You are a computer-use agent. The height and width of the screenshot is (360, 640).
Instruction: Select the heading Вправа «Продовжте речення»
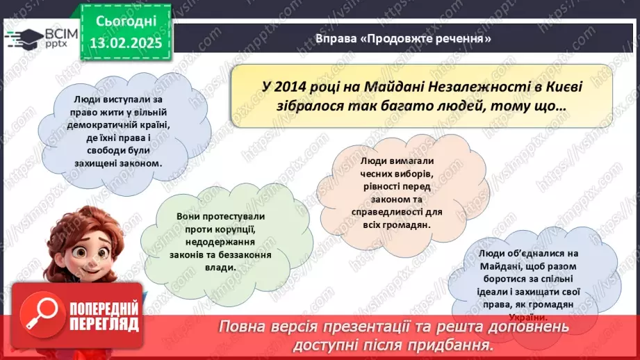click(x=403, y=39)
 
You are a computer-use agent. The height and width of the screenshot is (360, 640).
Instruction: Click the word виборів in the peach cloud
click(x=409, y=173)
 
